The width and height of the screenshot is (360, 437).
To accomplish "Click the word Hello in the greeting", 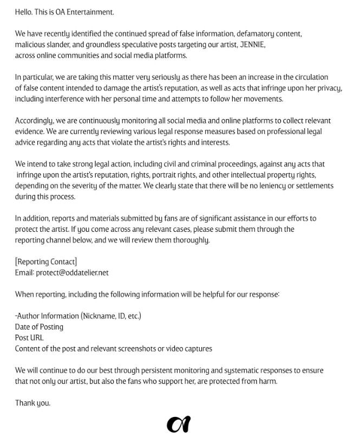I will pyautogui.click(x=24, y=11).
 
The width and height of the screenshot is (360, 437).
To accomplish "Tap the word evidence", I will pyautogui.click(x=30, y=131).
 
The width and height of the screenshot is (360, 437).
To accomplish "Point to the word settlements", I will pyautogui.click(x=312, y=186).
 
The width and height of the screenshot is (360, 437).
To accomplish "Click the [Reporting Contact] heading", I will pyautogui.click(x=46, y=262).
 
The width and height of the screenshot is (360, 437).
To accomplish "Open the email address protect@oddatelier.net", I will pyautogui.click(x=72, y=272).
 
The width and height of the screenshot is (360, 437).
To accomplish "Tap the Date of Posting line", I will pyautogui.click(x=39, y=327).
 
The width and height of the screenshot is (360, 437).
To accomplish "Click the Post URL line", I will pyautogui.click(x=29, y=338).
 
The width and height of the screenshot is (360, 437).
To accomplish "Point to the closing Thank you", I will pyautogui.click(x=32, y=403).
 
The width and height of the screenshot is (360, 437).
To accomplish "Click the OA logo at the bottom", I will pyautogui.click(x=178, y=425).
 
